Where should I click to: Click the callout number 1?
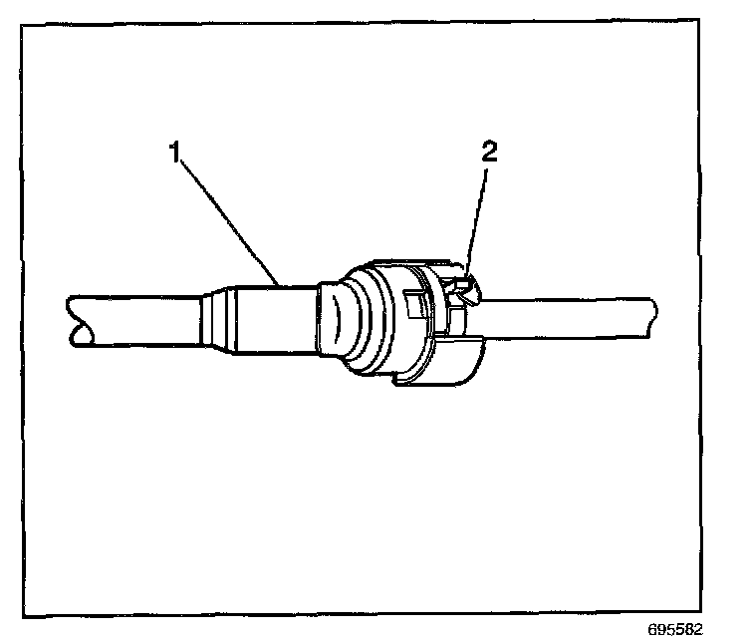[176, 156]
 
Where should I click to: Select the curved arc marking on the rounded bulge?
[336, 324]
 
